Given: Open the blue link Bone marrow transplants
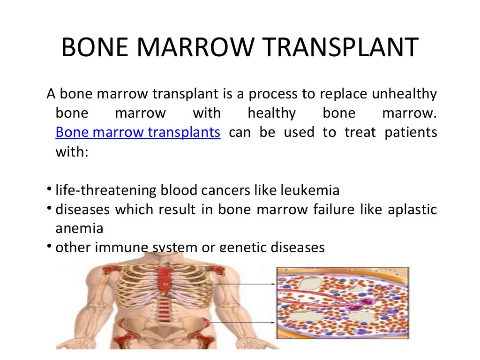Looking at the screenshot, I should click(x=138, y=132).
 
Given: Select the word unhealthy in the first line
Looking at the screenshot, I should click(x=404, y=94).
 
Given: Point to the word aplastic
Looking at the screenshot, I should click(x=412, y=210).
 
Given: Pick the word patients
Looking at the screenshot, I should click(x=411, y=132).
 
